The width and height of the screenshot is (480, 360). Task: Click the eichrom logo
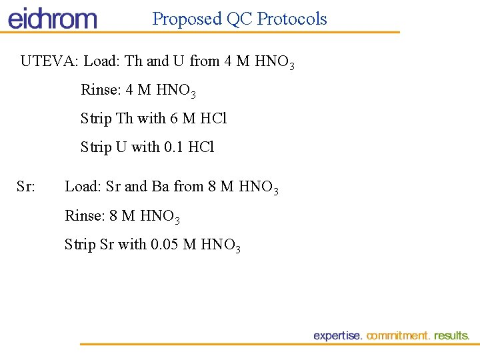[x=52, y=18]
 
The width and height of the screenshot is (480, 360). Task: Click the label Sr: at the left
[x=26, y=187]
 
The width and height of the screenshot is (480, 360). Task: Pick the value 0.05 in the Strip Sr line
[x=165, y=245]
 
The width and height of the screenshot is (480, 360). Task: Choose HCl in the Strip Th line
[x=213, y=119]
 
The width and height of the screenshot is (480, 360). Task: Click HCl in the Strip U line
[x=201, y=147]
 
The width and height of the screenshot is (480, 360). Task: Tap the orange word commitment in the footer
[x=398, y=336]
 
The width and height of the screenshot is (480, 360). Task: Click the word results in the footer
[x=451, y=336]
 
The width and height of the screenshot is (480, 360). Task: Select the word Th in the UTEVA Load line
[x=134, y=61]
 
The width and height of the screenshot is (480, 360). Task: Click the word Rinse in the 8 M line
[x=83, y=215]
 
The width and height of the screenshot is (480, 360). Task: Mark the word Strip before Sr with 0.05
[x=80, y=245]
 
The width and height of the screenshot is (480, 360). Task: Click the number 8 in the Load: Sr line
[x=212, y=187]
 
